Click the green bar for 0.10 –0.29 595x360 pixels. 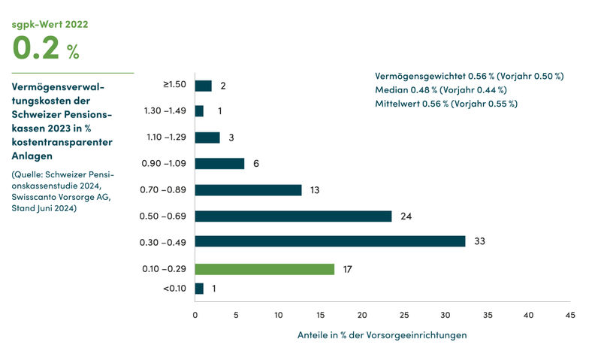tap(264, 269)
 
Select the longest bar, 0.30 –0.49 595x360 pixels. tap(330, 242)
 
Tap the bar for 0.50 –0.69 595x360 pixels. tap(293, 216)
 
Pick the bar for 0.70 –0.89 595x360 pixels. tap(248, 190)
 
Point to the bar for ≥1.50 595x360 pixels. tap(203, 86)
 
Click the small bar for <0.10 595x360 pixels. tap(199, 289)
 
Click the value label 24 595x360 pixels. tap(406, 216)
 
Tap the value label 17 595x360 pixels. tap(348, 269)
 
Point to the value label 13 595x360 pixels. tap(315, 190)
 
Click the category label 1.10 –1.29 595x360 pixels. tap(164, 138)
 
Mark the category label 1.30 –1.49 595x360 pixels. tap(164, 111)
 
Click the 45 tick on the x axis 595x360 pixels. tap(570, 316)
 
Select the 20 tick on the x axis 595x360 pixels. tap(362, 316)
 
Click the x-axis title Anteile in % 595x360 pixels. tap(382, 335)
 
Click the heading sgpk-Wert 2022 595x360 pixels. tap(50, 24)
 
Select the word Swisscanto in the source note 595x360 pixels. tap(36, 198)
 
